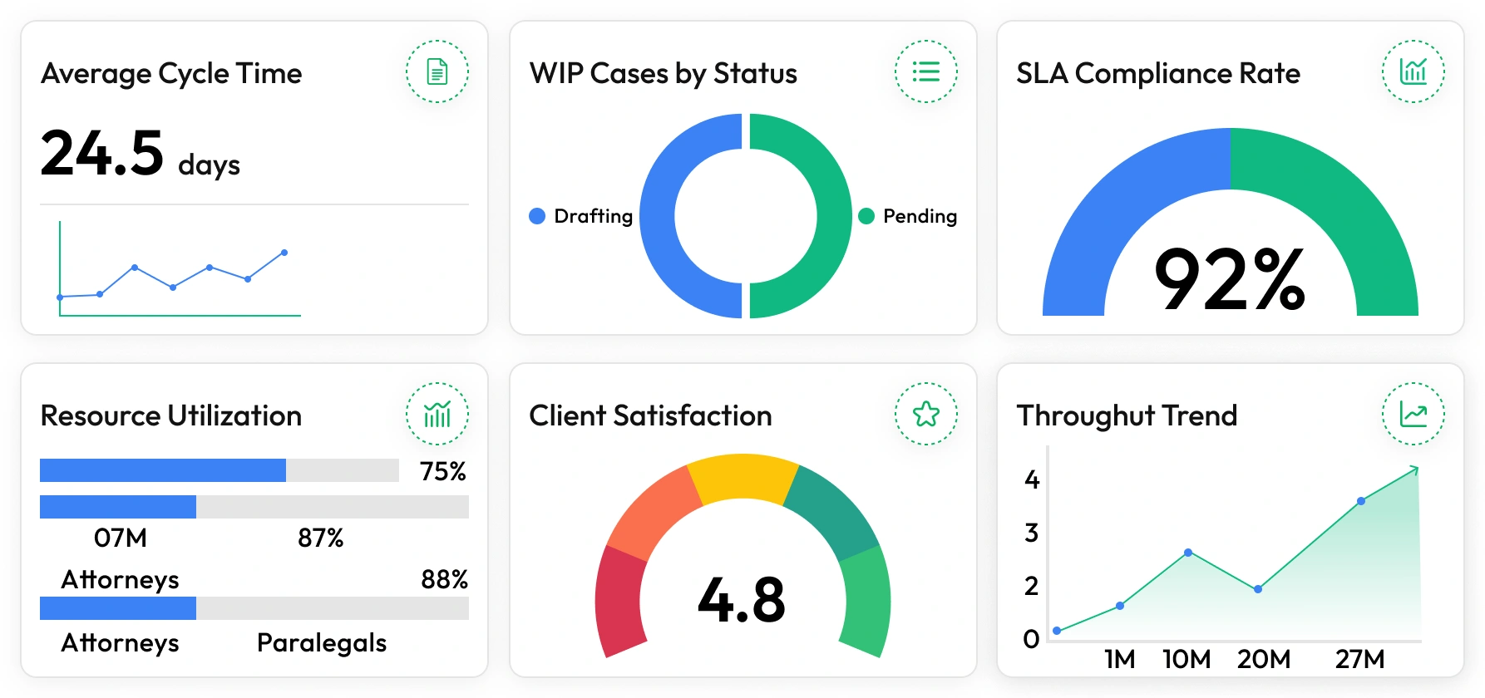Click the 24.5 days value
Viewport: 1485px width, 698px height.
140,155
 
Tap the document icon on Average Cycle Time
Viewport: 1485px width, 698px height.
437,71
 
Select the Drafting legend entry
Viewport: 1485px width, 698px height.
581,216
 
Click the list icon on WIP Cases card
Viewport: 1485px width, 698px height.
925,71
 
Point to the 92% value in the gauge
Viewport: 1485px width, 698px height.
1230,279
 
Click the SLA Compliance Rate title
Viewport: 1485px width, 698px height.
1157,73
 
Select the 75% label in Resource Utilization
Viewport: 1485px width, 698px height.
442,471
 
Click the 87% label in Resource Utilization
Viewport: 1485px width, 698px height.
320,538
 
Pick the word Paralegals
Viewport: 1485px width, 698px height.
322,642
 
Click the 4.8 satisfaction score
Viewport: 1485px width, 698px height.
742,599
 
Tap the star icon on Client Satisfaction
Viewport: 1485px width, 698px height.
925,414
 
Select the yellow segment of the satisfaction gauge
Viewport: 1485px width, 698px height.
742,478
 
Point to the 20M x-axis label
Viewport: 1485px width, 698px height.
1263,659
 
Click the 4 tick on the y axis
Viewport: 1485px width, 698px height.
1032,479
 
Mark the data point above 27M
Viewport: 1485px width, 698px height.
1361,501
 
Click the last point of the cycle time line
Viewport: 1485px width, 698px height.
284,253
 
